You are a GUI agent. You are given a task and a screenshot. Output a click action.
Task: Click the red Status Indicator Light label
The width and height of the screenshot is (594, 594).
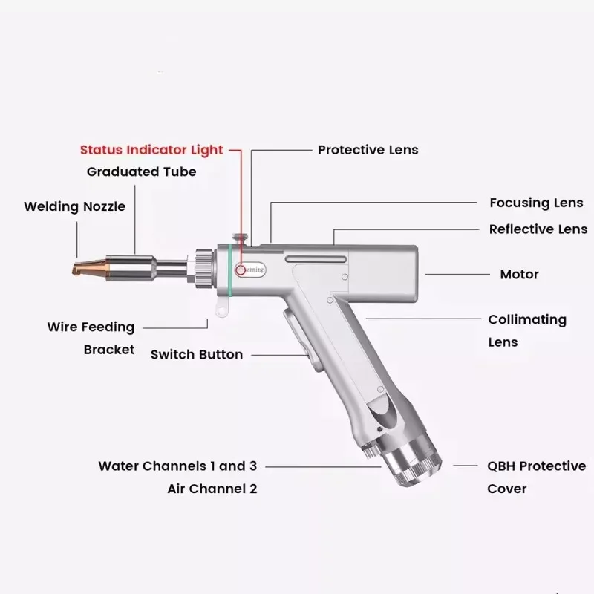click(151, 149)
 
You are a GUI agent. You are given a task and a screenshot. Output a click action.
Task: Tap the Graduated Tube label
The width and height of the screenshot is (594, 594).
click(142, 172)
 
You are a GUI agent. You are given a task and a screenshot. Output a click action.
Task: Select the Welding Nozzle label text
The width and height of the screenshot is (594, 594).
click(74, 206)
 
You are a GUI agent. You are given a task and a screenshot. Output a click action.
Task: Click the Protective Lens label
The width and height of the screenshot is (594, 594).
click(368, 149)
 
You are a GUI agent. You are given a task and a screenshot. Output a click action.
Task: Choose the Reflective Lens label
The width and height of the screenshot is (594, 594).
click(538, 229)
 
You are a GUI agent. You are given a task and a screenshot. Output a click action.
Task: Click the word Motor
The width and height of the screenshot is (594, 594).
click(520, 275)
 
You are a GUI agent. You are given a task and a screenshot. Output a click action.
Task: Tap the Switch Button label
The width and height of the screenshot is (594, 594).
click(197, 354)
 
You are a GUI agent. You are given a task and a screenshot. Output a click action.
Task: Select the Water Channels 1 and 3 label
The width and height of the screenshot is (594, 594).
click(177, 466)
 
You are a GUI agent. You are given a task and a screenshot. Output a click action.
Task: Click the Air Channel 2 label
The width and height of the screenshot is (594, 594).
click(212, 489)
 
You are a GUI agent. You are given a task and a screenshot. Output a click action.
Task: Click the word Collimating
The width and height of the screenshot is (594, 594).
click(527, 319)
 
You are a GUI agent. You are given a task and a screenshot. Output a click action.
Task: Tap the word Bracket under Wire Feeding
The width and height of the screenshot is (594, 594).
click(109, 349)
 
